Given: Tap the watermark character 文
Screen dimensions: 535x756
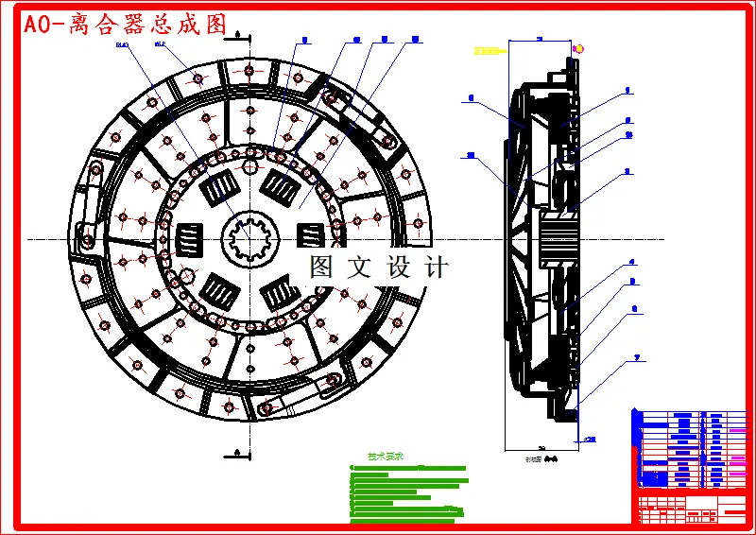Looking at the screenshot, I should click(x=360, y=267).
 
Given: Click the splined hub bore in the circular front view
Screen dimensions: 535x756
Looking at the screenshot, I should click(x=249, y=237).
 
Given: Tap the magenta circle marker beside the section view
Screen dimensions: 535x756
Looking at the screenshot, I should click(x=578, y=48).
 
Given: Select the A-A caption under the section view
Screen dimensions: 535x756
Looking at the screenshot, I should click(x=542, y=457).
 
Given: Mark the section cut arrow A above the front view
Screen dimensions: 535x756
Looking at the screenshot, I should click(x=239, y=35).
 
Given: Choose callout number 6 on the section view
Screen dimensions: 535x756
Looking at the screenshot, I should click(x=634, y=308).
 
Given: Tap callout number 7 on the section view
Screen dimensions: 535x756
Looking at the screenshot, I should click(x=638, y=357).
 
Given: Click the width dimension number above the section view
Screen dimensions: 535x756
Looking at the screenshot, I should click(x=540, y=39).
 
